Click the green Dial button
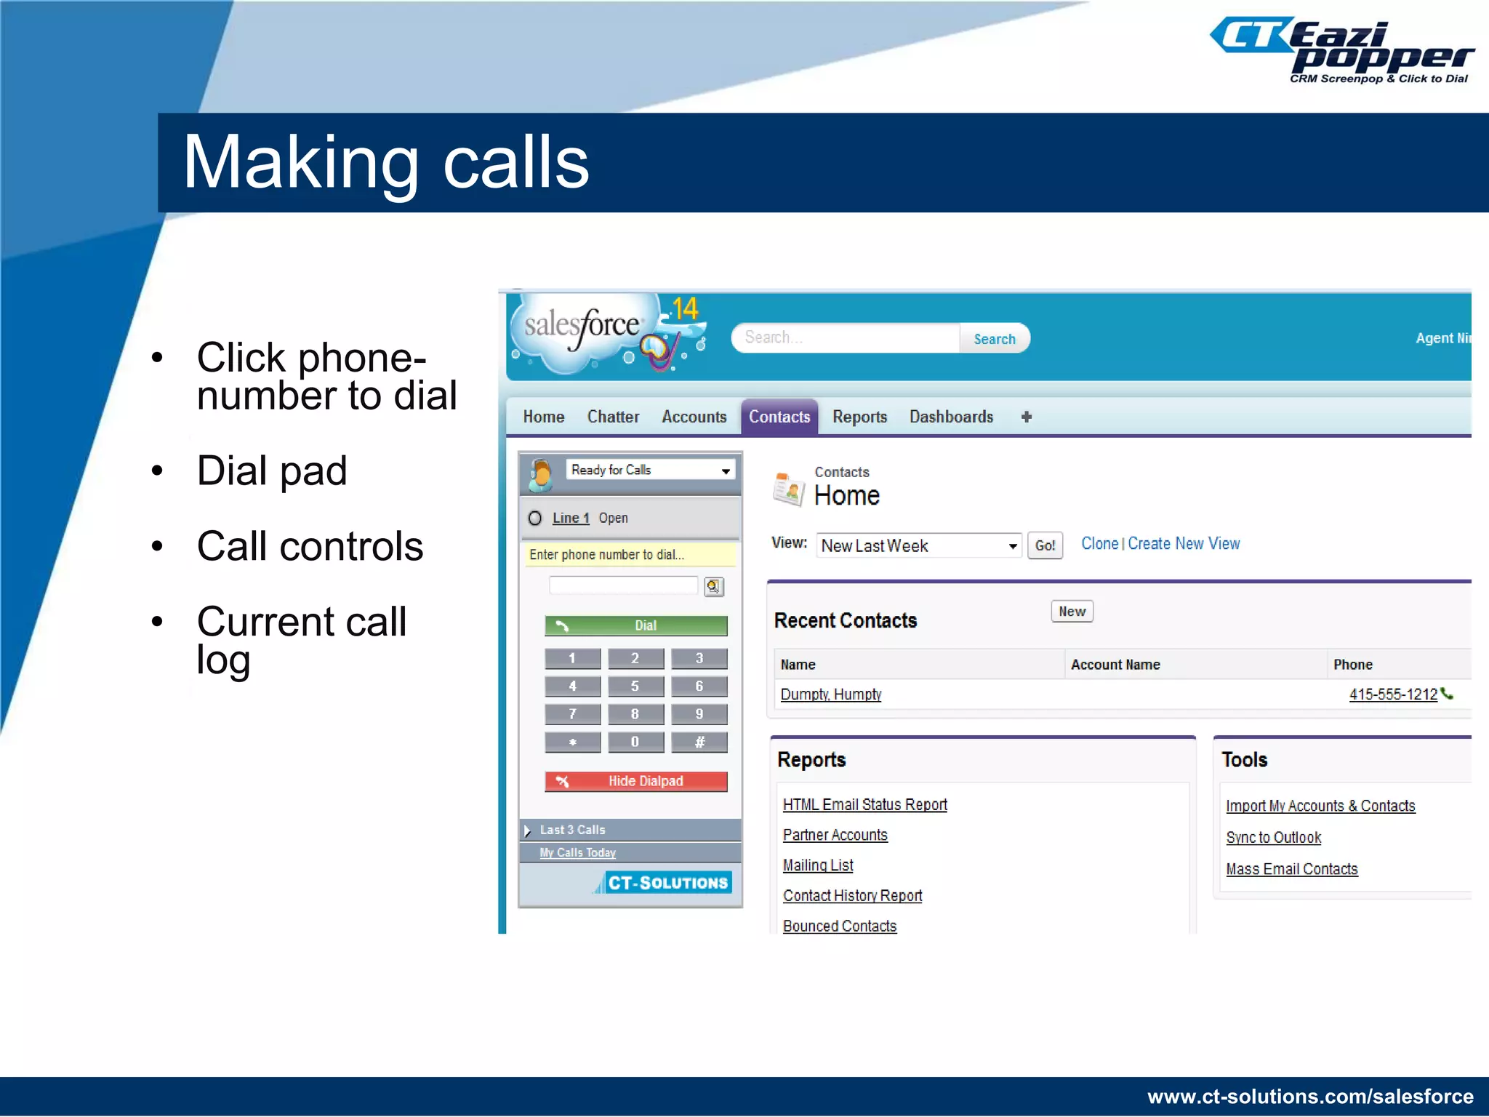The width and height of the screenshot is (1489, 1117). [x=635, y=625]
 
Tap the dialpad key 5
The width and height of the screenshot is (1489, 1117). [x=635, y=686]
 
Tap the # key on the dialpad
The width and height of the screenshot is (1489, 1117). [x=699, y=742]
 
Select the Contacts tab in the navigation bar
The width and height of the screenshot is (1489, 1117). [x=779, y=417]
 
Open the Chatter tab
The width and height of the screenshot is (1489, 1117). [x=613, y=417]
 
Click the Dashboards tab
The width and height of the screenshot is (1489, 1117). [x=951, y=417]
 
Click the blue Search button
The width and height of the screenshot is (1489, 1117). [x=994, y=339]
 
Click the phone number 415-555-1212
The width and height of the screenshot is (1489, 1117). [x=1393, y=694]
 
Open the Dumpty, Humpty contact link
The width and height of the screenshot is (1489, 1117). [x=830, y=694]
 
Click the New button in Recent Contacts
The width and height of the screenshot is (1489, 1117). [x=1072, y=612]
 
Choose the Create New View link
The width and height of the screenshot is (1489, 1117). [x=1184, y=544]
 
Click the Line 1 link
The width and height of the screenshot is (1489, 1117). [x=570, y=518]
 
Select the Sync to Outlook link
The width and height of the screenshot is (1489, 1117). [x=1273, y=838]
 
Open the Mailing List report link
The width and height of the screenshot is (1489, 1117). [x=818, y=865]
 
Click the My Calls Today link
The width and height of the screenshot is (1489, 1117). [x=577, y=853]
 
